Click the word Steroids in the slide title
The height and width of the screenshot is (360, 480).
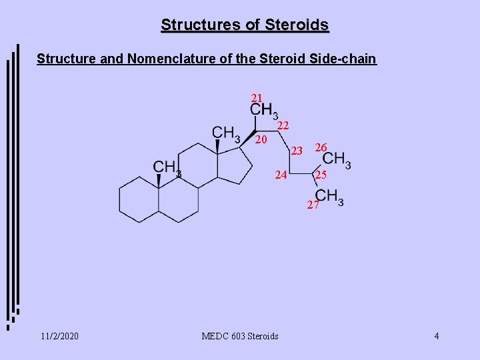[297, 25]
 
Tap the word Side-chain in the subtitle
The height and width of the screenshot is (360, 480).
[343, 59]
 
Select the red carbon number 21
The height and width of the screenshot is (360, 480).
[257, 98]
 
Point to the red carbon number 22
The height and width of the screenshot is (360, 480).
[283, 125]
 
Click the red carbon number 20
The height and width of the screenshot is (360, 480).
[261, 140]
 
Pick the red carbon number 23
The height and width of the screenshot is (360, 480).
[297, 151]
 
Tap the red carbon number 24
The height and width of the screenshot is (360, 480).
[281, 175]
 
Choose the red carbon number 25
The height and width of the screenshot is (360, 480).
[321, 175]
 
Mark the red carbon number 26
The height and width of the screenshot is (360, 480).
[321, 147]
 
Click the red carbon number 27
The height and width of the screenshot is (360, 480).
[313, 205]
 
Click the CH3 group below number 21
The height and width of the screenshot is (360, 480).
[264, 111]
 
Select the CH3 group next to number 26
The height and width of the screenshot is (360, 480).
[337, 160]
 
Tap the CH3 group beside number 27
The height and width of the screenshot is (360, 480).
[329, 197]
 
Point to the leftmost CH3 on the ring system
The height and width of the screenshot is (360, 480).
[167, 168]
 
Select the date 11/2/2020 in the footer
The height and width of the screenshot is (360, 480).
[58, 336]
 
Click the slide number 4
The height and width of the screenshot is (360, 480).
[436, 336]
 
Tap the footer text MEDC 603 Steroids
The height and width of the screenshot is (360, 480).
[240, 336]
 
